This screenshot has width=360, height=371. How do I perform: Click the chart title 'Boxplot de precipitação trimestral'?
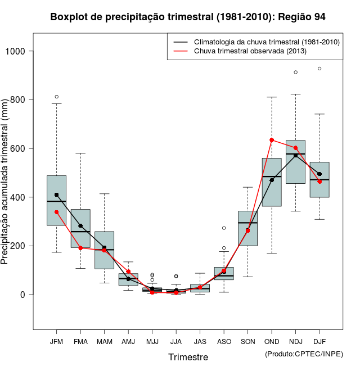pyautogui.click(x=188, y=17)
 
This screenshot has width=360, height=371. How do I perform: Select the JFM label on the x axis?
pyautogui.click(x=56, y=342)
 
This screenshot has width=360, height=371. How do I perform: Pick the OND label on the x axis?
pyautogui.click(x=272, y=342)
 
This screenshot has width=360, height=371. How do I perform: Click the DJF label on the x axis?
pyautogui.click(x=319, y=342)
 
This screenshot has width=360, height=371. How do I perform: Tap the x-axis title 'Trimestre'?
pyautogui.click(x=188, y=357)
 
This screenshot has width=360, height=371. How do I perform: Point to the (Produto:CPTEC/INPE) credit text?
pyautogui.click(x=304, y=354)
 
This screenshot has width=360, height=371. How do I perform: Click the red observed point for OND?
pyautogui.click(x=272, y=140)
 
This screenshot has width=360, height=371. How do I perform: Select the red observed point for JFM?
pyautogui.click(x=56, y=212)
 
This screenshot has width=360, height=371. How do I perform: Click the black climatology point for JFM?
pyautogui.click(x=56, y=194)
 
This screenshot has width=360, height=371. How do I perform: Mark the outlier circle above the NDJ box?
pyautogui.click(x=295, y=72)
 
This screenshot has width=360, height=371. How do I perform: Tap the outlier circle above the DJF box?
pyautogui.click(x=319, y=69)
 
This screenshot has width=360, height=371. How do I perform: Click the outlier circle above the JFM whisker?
pyautogui.click(x=56, y=97)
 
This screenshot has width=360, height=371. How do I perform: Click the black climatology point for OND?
pyautogui.click(x=272, y=180)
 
